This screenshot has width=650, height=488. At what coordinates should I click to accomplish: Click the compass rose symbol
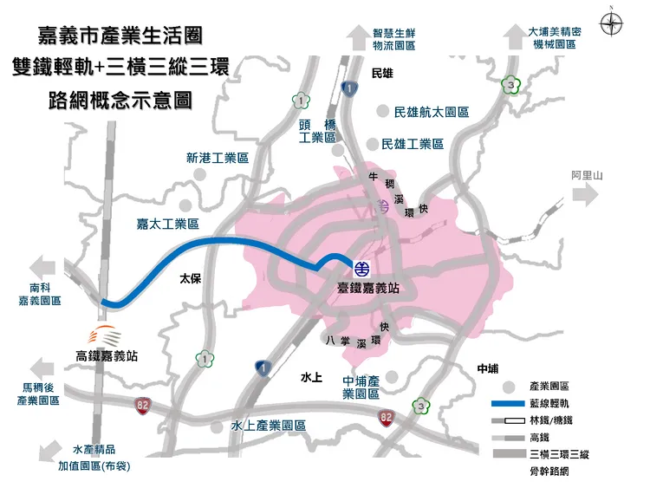click(612, 23)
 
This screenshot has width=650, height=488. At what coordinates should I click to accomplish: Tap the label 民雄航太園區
click(431, 113)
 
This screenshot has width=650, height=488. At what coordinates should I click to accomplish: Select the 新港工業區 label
click(217, 159)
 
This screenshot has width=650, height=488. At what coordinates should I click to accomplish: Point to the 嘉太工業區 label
click(167, 224)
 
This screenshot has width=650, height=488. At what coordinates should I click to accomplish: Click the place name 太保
click(190, 279)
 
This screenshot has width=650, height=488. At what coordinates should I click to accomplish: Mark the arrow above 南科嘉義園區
click(43, 265)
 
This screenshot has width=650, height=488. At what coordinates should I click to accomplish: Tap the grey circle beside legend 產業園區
click(508, 386)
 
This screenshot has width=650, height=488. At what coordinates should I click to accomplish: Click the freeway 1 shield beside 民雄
click(348, 88)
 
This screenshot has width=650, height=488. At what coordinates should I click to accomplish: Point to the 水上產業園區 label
click(269, 426)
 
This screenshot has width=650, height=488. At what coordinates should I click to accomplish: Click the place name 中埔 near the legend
click(487, 368)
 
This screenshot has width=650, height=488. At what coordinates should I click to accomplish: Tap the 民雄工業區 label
click(419, 144)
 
